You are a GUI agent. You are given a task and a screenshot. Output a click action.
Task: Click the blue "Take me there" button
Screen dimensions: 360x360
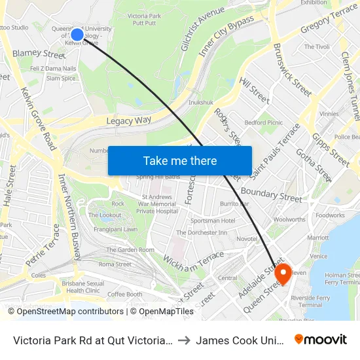(180, 160)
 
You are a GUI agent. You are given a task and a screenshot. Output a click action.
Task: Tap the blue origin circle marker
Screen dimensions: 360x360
(77, 35)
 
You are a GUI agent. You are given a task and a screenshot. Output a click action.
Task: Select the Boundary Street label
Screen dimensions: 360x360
(272, 194)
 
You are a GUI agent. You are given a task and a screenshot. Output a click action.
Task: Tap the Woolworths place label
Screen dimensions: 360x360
(289, 220)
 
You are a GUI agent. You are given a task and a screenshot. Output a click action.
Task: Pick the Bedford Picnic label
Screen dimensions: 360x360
(263, 122)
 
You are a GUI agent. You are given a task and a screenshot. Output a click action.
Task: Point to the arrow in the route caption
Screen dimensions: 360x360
(185, 340)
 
